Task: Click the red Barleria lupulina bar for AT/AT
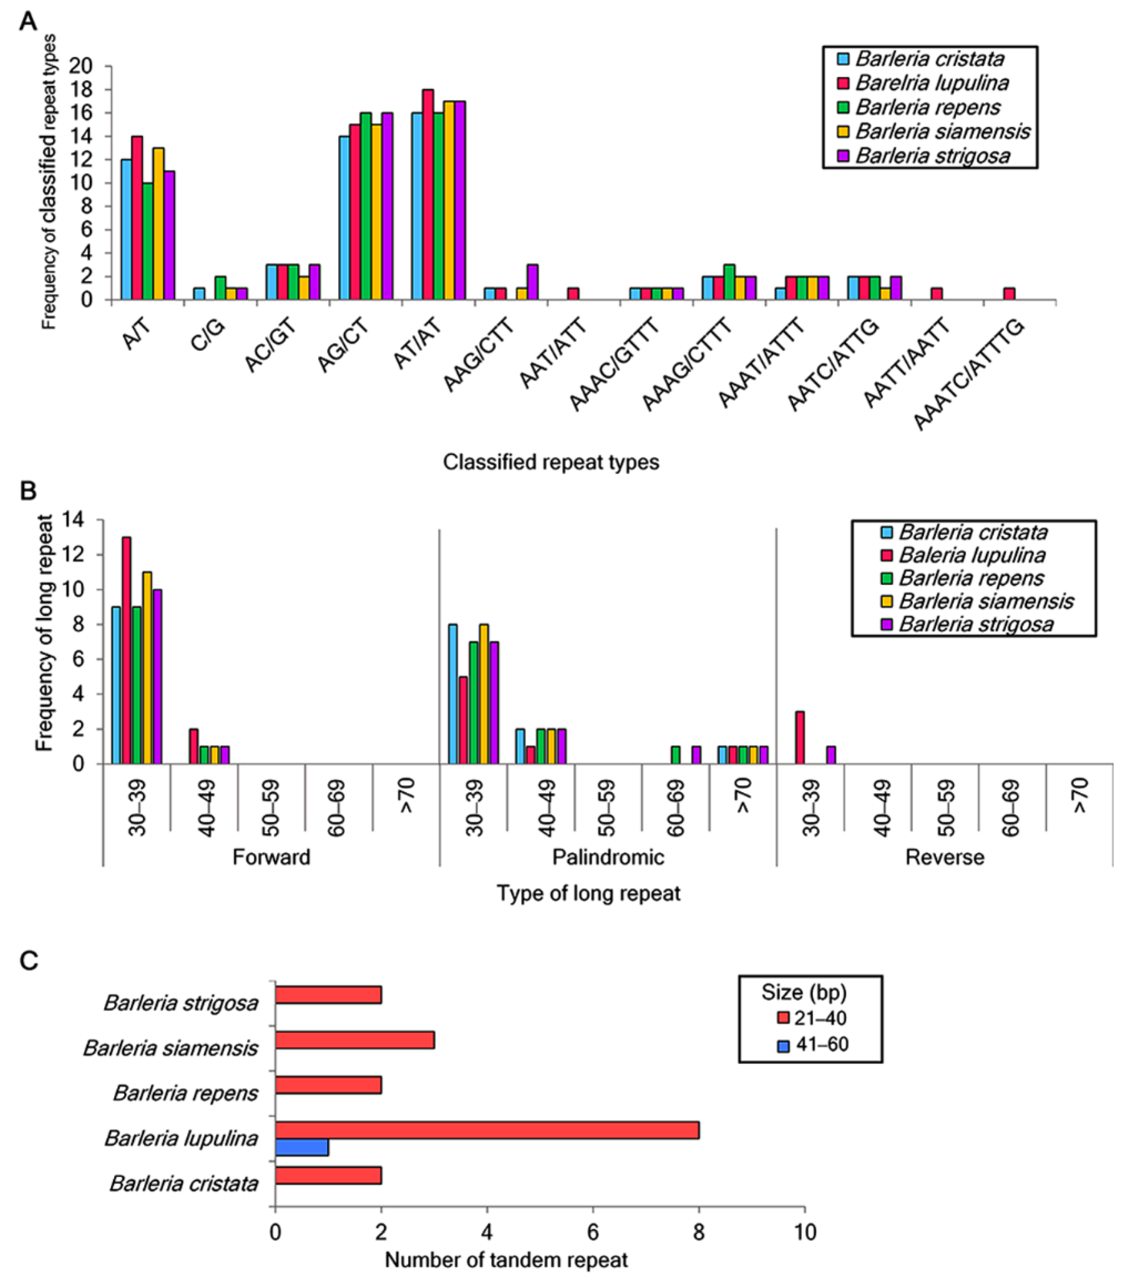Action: click(x=428, y=194)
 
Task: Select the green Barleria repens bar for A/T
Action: click(x=148, y=241)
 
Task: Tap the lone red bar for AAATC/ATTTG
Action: click(x=1009, y=293)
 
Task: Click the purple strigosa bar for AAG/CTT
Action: click(x=532, y=282)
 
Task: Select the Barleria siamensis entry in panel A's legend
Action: click(x=942, y=131)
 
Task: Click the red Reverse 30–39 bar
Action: click(x=799, y=737)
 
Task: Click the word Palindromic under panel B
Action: click(x=608, y=857)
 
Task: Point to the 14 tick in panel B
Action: click(x=74, y=520)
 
